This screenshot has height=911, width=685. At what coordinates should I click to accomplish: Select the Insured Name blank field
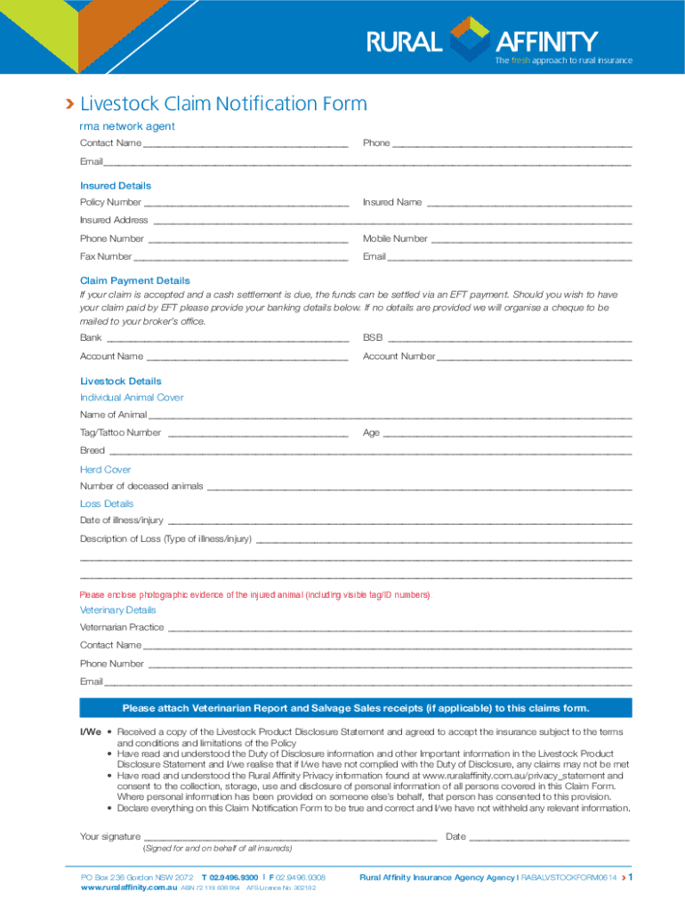529,204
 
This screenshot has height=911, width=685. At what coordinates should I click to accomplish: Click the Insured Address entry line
392,221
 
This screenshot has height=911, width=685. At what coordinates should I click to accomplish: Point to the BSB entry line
510,339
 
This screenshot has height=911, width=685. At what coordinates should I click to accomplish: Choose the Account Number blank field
534,358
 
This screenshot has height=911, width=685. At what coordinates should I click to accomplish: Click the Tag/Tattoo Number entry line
258,434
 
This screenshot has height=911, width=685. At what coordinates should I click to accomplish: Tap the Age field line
507,434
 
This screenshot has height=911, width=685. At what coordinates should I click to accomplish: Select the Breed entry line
370,452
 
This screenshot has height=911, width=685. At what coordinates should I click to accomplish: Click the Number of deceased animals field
419,488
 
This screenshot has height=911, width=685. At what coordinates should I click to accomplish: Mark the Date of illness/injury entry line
399,521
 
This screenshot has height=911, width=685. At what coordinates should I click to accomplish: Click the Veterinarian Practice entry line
399,629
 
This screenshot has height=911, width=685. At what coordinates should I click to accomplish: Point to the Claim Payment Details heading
135,280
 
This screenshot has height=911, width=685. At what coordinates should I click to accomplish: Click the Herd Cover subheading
106,470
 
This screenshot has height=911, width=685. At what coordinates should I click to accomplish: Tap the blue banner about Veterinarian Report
356,708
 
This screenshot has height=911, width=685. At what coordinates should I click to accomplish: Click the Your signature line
290,838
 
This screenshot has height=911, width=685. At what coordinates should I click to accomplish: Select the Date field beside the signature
549,838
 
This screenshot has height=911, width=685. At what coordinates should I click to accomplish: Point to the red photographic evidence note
256,594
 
